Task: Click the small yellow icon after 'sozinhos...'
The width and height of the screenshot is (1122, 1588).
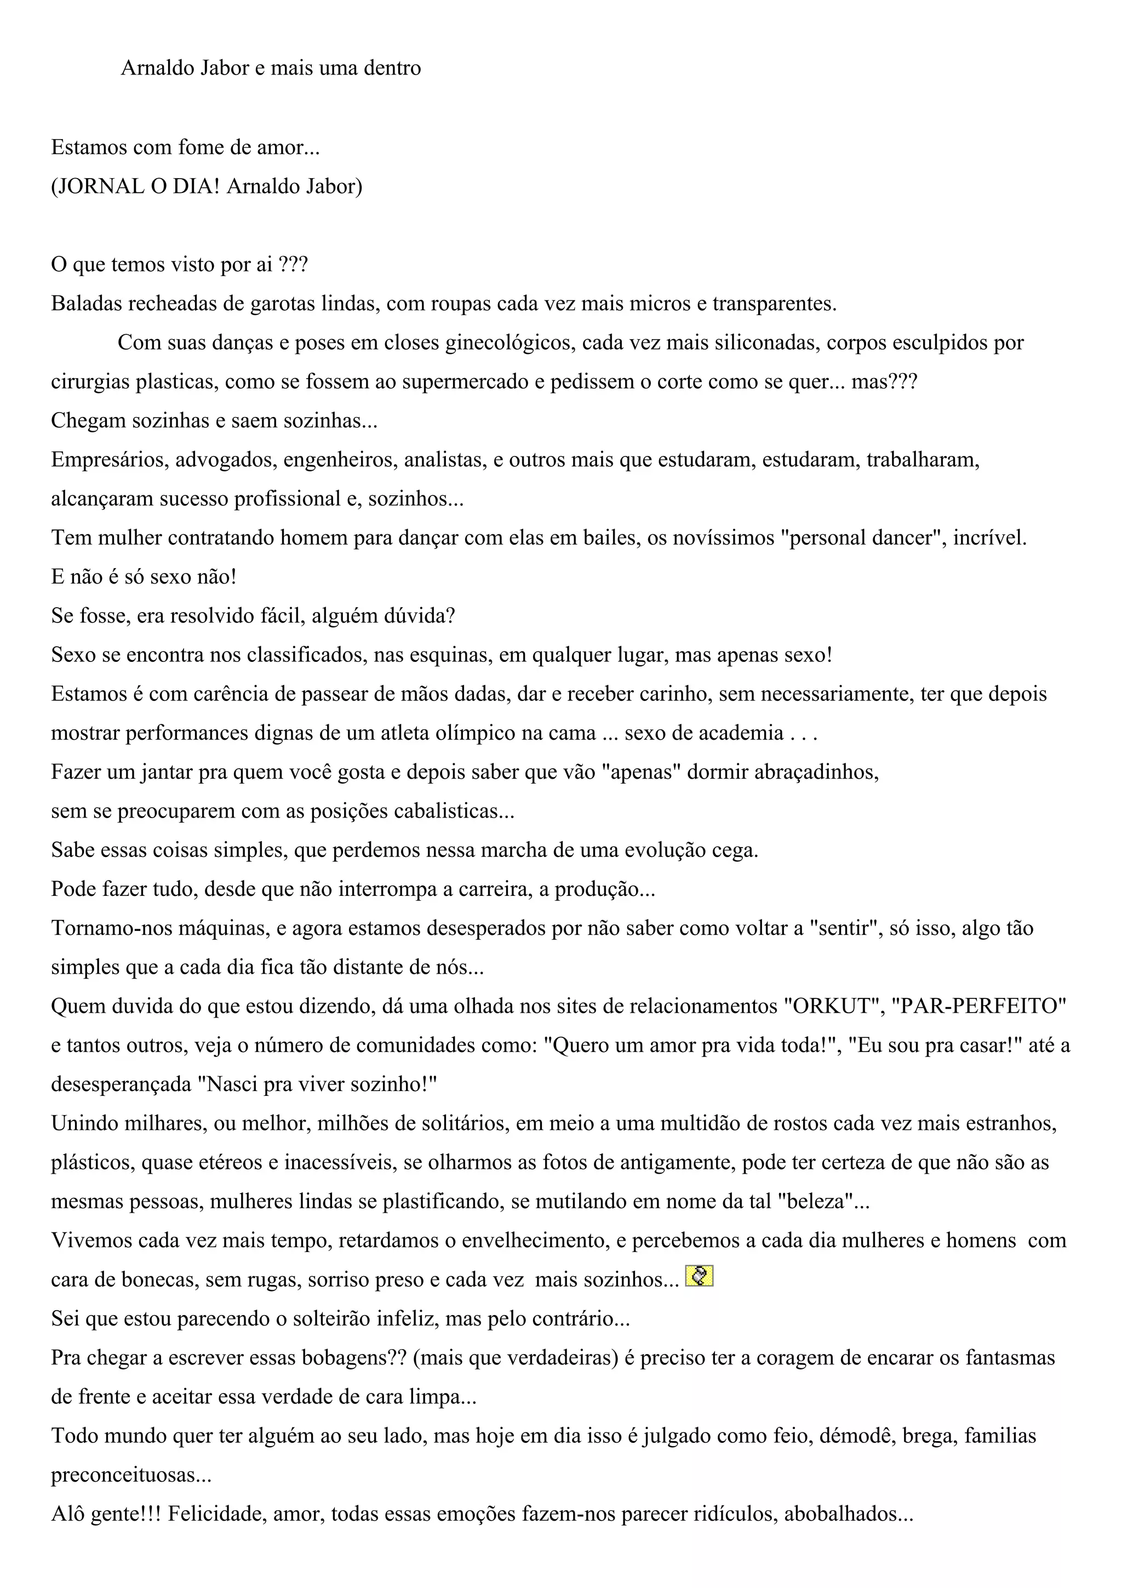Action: pyautogui.click(x=699, y=1275)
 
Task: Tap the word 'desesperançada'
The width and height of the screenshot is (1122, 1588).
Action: pyautogui.click(x=122, y=1084)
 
